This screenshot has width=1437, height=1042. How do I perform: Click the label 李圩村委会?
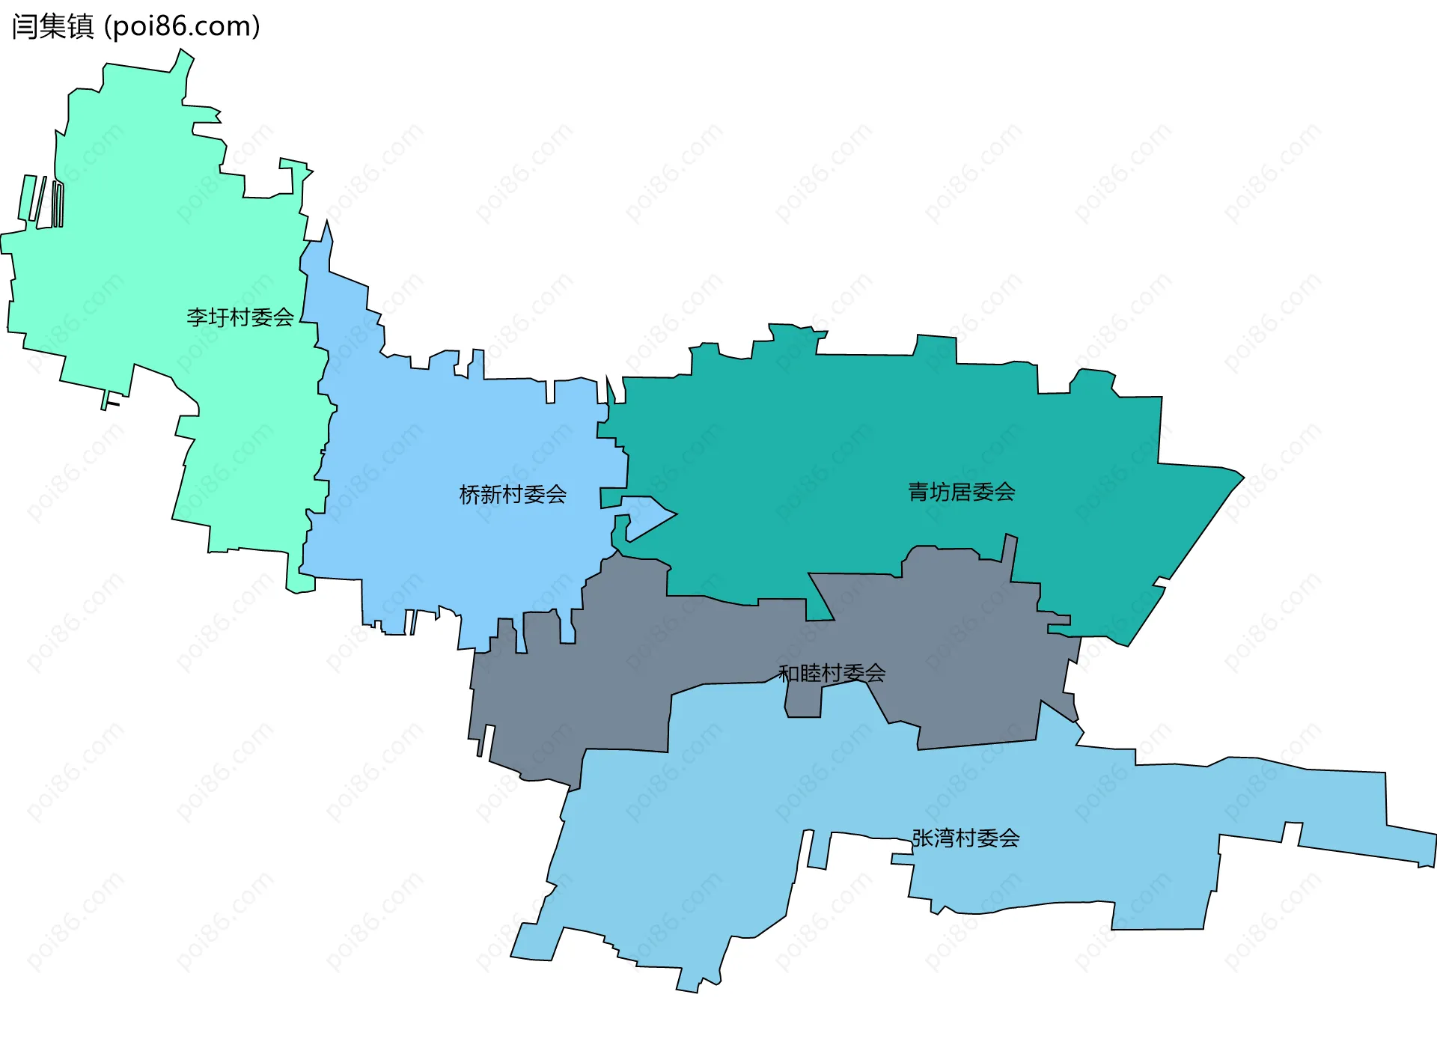[240, 317]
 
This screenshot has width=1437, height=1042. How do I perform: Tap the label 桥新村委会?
[513, 494]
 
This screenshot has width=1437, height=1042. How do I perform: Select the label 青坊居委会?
[962, 492]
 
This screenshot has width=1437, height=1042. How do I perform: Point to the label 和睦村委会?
[832, 674]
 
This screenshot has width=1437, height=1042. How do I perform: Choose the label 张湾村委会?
[965, 838]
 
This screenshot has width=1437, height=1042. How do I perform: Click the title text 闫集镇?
[52, 26]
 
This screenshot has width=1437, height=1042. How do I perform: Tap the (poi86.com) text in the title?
[182, 26]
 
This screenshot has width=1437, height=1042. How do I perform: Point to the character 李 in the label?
[197, 317]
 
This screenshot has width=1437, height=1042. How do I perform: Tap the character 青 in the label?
[918, 492]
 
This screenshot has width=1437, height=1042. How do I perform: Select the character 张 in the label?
[922, 838]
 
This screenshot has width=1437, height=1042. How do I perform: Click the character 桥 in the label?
[469, 494]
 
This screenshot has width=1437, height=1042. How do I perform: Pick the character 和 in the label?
[789, 674]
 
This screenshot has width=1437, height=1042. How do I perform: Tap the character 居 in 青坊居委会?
[962, 492]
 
